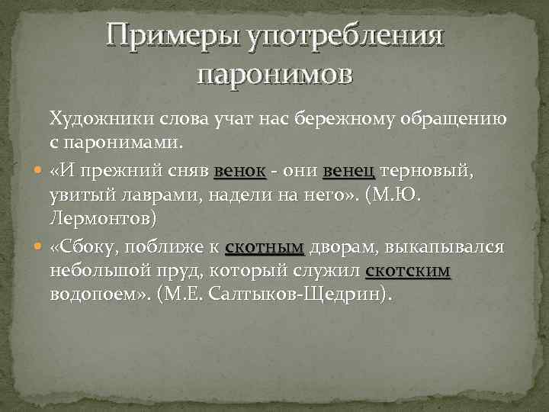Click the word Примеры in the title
click(x=172, y=36)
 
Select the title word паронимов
click(x=274, y=75)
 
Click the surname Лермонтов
click(x=103, y=220)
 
